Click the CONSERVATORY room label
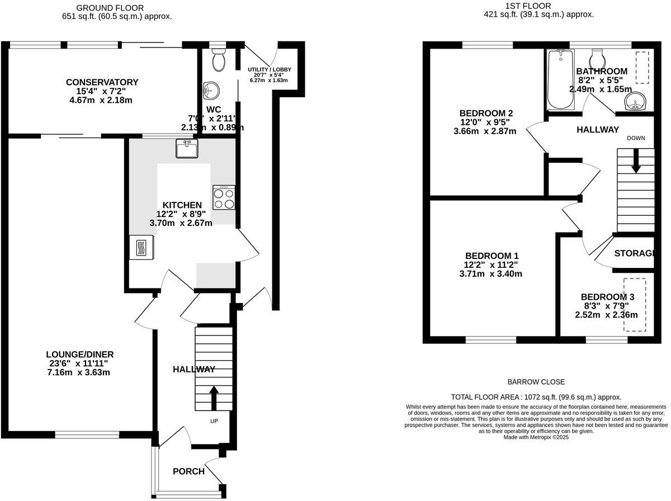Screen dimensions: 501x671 pyautogui.click(x=101, y=82)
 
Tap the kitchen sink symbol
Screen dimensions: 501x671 pyautogui.click(x=186, y=149)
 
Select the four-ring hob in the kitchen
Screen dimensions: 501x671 pyautogui.click(x=224, y=197)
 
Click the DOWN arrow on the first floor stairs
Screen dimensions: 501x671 pyautogui.click(x=636, y=162)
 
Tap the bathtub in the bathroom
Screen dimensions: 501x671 pyautogui.click(x=560, y=79)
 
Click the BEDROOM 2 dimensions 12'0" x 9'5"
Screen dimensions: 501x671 pyautogui.click(x=485, y=122)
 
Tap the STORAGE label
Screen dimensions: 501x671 pyautogui.click(x=634, y=253)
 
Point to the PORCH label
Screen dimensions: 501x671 pyautogui.click(x=187, y=471)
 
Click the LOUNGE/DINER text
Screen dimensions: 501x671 pyautogui.click(x=80, y=355)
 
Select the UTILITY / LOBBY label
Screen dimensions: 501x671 pyautogui.click(x=270, y=69)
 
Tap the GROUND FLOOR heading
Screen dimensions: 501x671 pyautogui.click(x=110, y=8)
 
